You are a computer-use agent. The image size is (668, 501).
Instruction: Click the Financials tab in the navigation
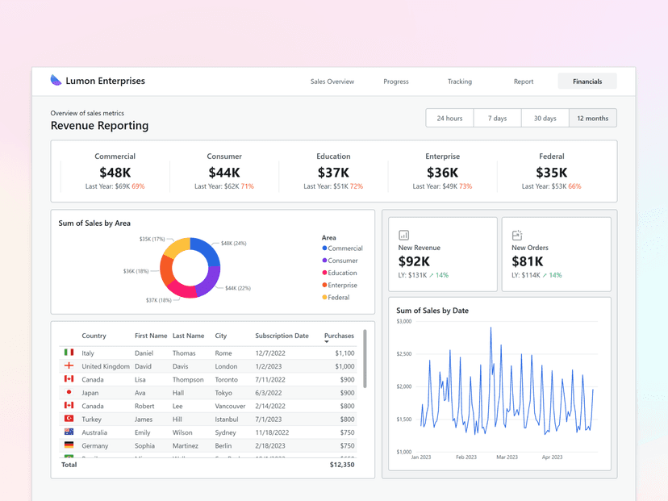587,81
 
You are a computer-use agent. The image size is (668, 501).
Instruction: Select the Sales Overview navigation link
332,81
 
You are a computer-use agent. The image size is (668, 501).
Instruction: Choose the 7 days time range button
497,119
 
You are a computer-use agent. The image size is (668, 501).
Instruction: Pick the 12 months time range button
592,119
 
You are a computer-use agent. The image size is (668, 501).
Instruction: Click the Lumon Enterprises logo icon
56,81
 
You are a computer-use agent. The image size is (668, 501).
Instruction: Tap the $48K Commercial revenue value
115,173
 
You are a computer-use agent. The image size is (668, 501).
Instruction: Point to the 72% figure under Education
356,186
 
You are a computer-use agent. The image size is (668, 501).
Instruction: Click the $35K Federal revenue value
552,173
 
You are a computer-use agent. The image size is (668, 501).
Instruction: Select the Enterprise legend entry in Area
342,286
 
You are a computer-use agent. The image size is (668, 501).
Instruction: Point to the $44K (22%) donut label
237,288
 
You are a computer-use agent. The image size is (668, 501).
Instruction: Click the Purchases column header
339,336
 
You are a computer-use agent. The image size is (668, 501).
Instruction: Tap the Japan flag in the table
69,392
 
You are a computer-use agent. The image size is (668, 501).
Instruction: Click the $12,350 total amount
341,465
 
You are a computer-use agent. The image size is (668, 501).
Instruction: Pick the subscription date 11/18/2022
273,432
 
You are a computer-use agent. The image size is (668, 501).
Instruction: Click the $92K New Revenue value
414,261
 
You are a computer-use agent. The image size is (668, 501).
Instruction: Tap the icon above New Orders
517,235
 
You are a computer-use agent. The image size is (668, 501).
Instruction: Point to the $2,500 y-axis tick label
404,354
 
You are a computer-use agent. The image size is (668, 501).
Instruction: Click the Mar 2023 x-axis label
507,457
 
